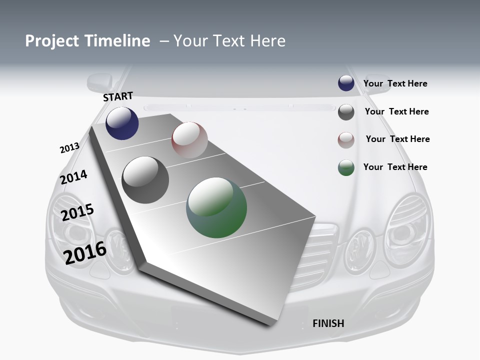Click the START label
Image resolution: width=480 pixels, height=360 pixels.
point(118,96)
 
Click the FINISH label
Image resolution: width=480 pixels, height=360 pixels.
point(328,323)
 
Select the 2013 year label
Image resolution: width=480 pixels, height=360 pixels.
point(69,148)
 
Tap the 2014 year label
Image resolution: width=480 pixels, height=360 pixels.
point(74,177)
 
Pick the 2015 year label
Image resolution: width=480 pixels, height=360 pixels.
point(77,212)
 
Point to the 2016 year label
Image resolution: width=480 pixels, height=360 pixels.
point(85,252)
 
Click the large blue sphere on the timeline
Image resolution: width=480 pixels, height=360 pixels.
point(122,123)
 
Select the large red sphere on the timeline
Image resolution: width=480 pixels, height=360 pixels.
point(189,139)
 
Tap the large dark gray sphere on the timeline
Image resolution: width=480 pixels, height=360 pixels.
point(145,180)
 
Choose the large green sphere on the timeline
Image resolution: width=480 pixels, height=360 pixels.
point(216,207)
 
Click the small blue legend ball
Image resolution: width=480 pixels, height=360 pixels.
point(346,83)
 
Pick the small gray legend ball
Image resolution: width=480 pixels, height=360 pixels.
point(346,112)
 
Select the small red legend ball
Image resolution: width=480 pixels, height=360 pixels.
point(346,140)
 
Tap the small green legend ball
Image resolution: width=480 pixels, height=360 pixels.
point(346,167)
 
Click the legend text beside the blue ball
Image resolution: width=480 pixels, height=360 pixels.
point(395,83)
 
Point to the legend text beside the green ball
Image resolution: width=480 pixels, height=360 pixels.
point(395,167)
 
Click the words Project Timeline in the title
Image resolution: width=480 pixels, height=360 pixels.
point(87,41)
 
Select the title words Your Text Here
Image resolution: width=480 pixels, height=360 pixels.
point(229,41)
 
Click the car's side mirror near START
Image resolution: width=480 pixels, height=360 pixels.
point(100,82)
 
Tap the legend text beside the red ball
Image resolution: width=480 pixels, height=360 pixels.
point(397,139)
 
